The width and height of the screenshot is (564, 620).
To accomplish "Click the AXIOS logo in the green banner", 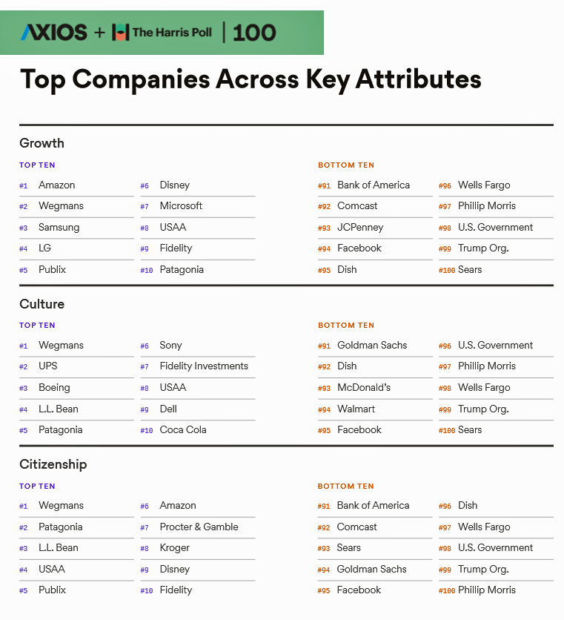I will pos(53,32).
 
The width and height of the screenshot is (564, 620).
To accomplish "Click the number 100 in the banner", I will pos(254,33).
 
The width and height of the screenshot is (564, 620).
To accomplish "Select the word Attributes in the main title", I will pos(418,79).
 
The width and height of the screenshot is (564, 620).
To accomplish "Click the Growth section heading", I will pos(42,143).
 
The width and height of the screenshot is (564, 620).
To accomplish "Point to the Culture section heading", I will pos(42,304).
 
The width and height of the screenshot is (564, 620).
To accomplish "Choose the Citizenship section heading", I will pos(53,464).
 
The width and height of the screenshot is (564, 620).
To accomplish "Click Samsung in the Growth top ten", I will pos(59,228).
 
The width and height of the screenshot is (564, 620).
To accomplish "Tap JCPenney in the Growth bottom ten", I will pos(360,228).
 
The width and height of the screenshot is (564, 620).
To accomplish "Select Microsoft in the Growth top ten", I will pos(181,206).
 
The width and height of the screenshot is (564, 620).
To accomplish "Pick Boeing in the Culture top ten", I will pos(54,388).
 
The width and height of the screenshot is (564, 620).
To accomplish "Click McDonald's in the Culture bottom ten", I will pos(364,388).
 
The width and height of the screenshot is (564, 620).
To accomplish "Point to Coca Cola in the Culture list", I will pos(183,430).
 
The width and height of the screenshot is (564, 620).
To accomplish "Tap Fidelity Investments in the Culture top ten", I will pos(204,366).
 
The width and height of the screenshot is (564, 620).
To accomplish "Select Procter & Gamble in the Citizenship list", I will pos(199,527).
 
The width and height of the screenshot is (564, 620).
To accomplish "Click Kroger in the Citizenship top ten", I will pos(175,548).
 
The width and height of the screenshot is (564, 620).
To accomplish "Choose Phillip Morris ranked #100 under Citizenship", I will pos(486,590).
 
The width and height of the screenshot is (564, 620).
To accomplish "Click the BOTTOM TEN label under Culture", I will pos(346,326).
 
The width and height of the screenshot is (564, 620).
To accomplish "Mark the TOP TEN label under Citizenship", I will pos(37,487).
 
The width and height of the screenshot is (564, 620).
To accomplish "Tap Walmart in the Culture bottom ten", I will pos(356,409).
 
